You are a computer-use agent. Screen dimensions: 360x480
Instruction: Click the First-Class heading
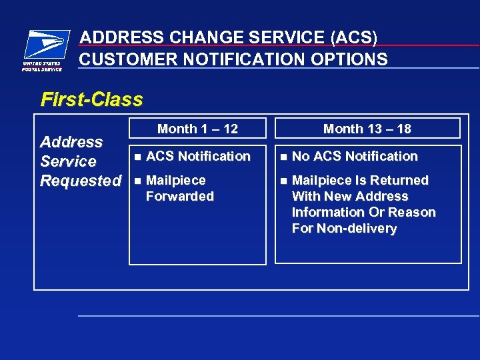[92, 100]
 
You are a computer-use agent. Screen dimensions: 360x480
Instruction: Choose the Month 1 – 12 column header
[197, 129]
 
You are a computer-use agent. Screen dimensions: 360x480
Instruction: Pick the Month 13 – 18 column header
[367, 129]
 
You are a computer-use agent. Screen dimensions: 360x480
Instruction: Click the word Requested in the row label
[81, 181]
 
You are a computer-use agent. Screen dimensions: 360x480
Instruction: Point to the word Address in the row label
[71, 142]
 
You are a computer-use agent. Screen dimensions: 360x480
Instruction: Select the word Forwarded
[179, 197]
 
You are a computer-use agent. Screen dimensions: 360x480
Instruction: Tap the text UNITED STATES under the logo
[41, 64]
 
